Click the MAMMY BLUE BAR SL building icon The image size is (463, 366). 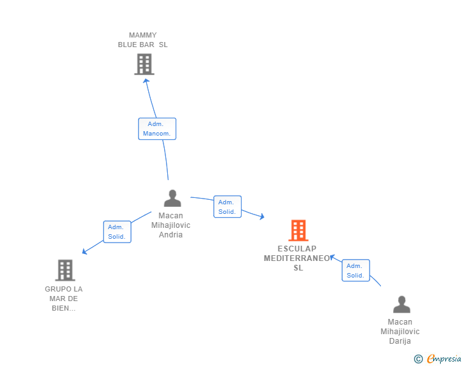144,64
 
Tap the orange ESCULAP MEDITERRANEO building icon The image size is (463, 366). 298,230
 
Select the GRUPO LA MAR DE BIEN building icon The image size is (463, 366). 66,271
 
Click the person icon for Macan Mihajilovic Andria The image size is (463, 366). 172,198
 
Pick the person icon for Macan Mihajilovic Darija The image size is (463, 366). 401,304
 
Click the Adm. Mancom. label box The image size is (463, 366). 157,129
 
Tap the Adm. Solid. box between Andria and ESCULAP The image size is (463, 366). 228,207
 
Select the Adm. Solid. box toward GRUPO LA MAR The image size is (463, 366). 117,232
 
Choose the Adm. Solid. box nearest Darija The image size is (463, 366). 356,271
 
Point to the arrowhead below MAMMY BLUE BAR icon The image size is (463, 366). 146,81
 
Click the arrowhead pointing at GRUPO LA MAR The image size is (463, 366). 85,251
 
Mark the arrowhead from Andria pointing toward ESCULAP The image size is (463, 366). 261,216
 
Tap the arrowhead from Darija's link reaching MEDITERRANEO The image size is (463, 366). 332,257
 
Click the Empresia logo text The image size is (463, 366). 444,359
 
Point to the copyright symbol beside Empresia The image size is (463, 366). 418,359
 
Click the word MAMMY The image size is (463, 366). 143,35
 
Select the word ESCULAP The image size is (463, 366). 297,249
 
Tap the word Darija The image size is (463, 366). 400,341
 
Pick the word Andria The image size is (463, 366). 170,235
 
